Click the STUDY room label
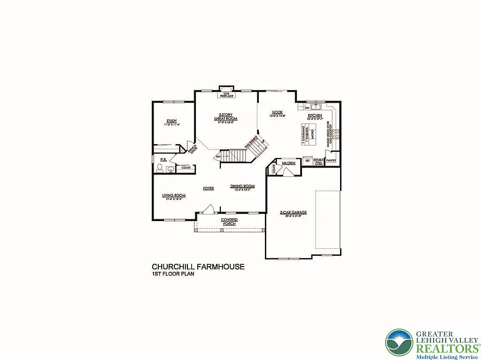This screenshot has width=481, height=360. click(171, 121)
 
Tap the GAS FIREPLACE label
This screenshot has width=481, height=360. click(226, 95)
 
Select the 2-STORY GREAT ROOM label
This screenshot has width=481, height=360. click(225, 117)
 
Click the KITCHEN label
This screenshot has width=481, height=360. click(315, 115)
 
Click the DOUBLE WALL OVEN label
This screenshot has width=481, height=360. click(319, 162)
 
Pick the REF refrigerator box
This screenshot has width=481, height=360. click(308, 161)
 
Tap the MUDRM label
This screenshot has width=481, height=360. click(288, 163)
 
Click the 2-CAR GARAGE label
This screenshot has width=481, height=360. click(293, 213)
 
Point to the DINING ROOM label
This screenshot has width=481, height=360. click(242, 186)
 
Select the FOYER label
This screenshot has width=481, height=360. click(208, 188)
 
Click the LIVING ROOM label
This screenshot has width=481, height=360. click(174, 195)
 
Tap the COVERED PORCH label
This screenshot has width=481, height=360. click(229, 222)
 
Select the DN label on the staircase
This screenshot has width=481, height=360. click(218, 157)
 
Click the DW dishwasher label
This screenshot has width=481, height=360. click(306, 107)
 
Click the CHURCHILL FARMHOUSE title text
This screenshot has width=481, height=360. click(198, 267)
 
